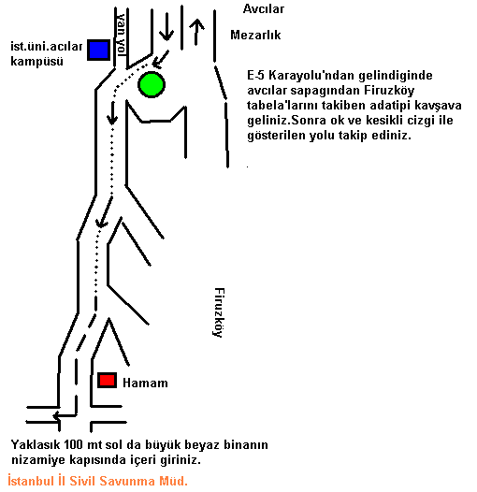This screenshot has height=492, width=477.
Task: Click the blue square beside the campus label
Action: (98, 50)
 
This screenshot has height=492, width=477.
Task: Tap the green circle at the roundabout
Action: (152, 84)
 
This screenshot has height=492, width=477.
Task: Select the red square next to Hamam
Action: (107, 380)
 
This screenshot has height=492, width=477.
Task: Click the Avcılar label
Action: (264, 8)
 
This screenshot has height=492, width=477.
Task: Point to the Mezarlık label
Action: (255, 35)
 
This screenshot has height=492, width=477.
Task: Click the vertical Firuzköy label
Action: (219, 312)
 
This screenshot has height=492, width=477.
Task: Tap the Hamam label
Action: (145, 383)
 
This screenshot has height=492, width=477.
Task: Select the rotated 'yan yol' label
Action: (122, 34)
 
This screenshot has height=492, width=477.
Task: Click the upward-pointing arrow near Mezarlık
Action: (196, 32)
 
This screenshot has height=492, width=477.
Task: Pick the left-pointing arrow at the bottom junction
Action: (65, 416)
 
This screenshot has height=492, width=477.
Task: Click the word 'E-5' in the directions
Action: (255, 76)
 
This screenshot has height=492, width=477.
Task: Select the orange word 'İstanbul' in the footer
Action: (31, 481)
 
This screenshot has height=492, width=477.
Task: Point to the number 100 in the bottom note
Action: (74, 444)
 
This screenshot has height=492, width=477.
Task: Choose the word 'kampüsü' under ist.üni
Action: (36, 61)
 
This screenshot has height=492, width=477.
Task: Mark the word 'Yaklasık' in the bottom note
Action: (36, 444)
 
